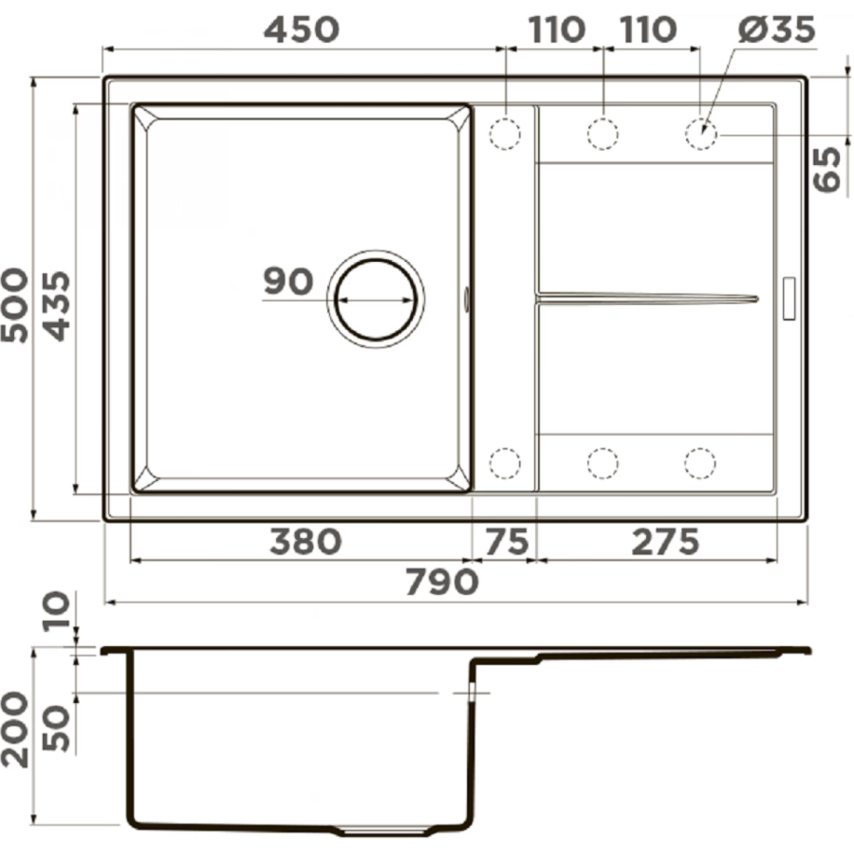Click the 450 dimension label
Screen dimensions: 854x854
click(301, 29)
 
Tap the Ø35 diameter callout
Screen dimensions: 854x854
click(776, 29)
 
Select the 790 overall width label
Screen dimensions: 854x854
click(442, 582)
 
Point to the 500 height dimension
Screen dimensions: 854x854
click(14, 305)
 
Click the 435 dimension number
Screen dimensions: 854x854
click(57, 306)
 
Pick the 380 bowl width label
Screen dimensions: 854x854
click(306, 542)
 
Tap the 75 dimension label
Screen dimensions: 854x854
click(507, 542)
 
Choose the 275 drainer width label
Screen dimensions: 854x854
click(665, 542)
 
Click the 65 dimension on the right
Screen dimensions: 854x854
click(827, 169)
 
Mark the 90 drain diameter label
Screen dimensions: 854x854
click(288, 281)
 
